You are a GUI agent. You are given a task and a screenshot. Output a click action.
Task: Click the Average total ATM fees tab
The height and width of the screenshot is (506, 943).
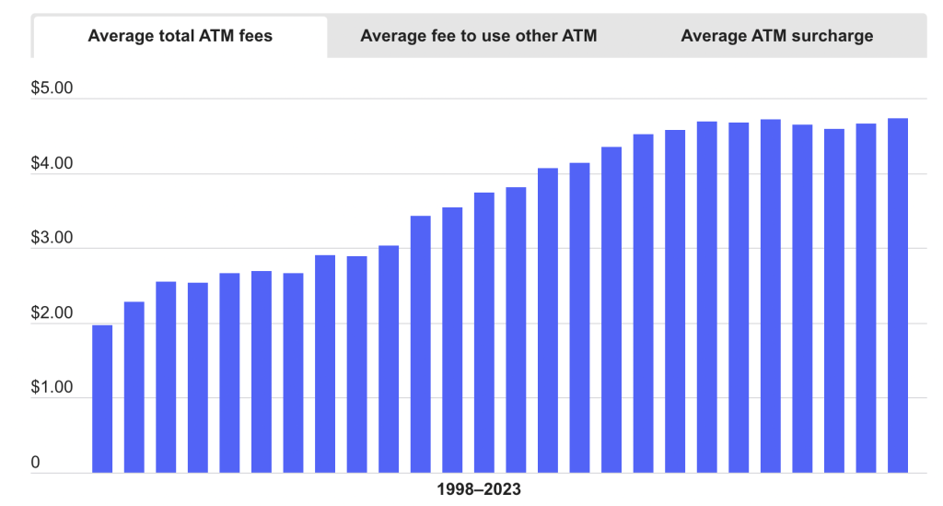tap(180, 36)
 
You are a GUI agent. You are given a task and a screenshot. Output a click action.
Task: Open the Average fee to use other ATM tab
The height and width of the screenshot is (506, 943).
tap(478, 36)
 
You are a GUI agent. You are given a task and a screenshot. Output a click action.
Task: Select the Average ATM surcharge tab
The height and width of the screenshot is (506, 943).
tap(776, 36)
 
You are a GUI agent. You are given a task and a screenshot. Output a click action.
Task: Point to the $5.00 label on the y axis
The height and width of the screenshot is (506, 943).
tap(52, 89)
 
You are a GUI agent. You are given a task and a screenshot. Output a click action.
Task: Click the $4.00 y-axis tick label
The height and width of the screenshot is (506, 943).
tap(52, 164)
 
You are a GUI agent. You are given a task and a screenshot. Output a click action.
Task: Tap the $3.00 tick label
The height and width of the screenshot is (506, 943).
tap(52, 239)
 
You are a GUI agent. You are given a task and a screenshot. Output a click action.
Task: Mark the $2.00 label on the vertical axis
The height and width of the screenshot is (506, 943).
tap(52, 313)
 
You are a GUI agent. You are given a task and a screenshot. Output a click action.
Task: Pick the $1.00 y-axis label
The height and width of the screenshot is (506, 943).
tap(52, 388)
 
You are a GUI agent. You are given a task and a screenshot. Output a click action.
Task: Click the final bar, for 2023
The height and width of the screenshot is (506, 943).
tap(898, 295)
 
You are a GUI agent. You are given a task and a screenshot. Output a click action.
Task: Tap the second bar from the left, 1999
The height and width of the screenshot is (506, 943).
tap(134, 387)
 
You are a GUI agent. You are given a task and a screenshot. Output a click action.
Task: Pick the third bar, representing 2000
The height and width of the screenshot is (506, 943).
tap(166, 377)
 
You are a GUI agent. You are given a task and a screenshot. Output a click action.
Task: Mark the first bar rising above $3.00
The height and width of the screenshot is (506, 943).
tap(389, 359)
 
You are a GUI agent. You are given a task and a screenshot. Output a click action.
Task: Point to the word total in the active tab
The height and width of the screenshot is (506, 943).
tap(168, 36)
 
